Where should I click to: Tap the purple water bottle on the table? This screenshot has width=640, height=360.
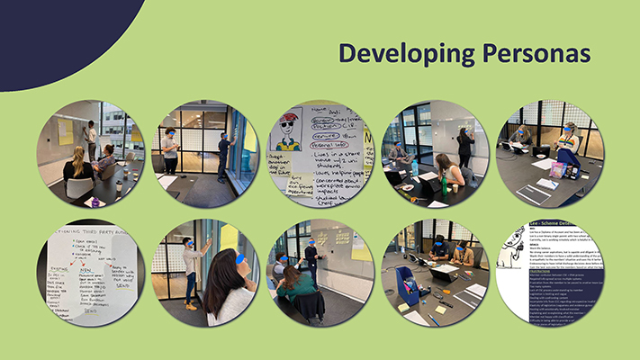559,169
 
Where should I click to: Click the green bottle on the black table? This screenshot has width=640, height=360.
442,186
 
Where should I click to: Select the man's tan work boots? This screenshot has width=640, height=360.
191,305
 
